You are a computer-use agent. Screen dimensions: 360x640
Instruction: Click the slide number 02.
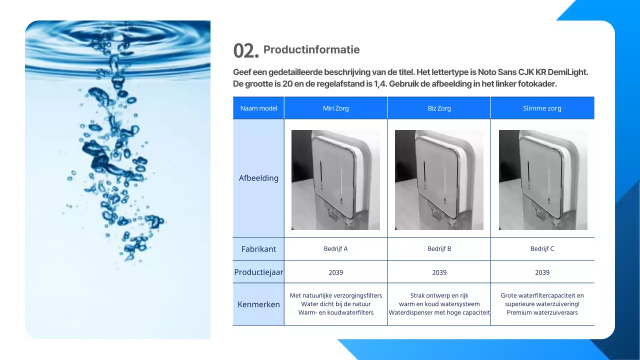click(x=245, y=51)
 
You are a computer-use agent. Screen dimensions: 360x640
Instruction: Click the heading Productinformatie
click(x=311, y=49)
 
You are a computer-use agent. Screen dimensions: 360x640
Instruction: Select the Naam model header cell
click(x=258, y=108)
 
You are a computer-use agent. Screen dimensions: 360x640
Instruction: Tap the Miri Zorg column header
click(x=335, y=108)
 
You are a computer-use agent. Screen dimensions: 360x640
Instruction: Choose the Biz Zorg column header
click(x=439, y=108)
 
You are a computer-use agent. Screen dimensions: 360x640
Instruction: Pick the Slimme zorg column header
click(x=542, y=108)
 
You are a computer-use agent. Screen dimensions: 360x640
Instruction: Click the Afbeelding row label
click(x=258, y=178)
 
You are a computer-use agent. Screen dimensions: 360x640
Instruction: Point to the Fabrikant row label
click(x=258, y=249)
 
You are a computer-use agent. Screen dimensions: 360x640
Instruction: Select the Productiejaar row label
click(x=258, y=272)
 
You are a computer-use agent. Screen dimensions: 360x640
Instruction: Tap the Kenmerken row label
click(x=258, y=304)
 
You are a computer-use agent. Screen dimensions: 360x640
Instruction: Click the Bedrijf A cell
click(x=335, y=249)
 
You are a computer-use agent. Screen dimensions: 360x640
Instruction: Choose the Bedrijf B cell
click(x=439, y=249)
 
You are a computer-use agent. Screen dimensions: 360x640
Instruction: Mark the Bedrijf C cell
click(x=542, y=249)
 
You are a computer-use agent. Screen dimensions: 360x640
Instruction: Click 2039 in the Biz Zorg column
click(x=439, y=272)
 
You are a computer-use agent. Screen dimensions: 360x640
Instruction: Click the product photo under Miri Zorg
click(x=335, y=180)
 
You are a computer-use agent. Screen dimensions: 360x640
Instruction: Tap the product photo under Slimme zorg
click(x=543, y=180)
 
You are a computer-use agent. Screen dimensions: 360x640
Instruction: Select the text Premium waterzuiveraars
click(x=542, y=313)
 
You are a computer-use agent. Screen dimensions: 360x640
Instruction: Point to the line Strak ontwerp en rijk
click(x=439, y=295)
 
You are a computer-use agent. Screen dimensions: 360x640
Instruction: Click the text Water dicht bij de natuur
click(x=335, y=304)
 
